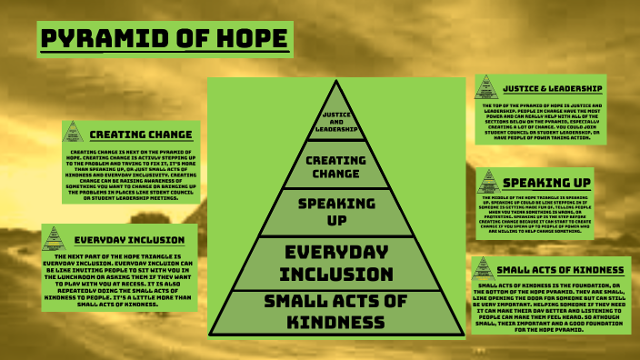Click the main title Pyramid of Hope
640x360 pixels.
tap(165, 40)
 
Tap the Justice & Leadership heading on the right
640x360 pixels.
tap(551, 88)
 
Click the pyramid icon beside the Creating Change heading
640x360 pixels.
tap(73, 133)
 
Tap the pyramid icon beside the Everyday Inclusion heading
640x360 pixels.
tap(54, 239)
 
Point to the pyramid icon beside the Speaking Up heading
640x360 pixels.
tap(488, 180)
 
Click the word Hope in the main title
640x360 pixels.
tap(245, 40)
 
